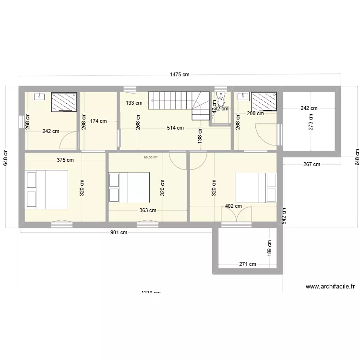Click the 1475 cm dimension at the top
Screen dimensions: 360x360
[x=180, y=74]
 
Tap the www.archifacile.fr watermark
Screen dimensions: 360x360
[x=330, y=287]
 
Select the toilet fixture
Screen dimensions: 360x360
[x=221, y=100]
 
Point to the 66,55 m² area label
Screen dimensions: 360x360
[x=151, y=156]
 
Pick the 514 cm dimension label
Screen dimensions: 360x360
[x=175, y=128]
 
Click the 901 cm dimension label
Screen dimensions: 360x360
[x=119, y=233]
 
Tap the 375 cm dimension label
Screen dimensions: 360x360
[x=65, y=160]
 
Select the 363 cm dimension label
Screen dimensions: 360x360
[x=148, y=210]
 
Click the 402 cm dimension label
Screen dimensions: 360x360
[x=233, y=206]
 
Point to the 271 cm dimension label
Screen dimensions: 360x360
[x=247, y=264]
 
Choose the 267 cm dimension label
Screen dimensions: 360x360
[x=312, y=164]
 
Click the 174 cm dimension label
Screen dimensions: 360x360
[x=98, y=121]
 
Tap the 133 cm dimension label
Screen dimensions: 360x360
[x=134, y=103]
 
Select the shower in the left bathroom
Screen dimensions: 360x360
[x=64, y=102]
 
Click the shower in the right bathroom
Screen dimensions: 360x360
[x=264, y=102]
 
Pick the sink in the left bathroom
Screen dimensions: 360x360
[x=38, y=97]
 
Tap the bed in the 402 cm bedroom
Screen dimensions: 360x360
[x=256, y=187]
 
